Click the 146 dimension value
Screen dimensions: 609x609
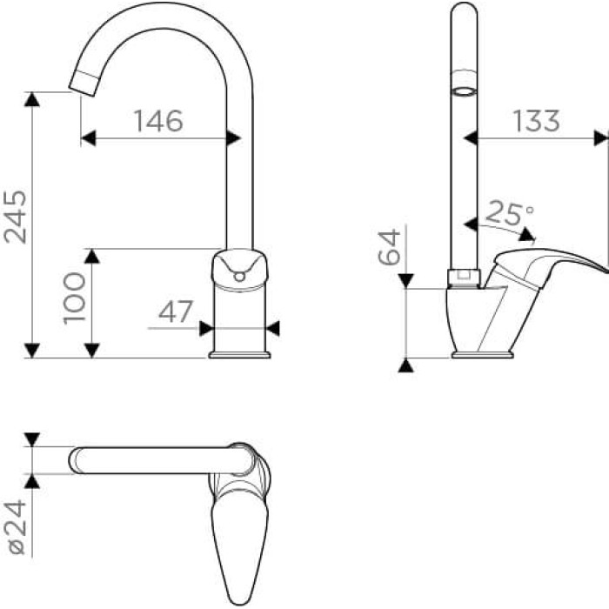click(x=158, y=121)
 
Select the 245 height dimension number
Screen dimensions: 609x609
click(x=16, y=217)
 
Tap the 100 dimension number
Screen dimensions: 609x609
click(x=74, y=298)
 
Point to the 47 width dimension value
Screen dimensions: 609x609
click(x=176, y=311)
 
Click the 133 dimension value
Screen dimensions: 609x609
click(x=537, y=121)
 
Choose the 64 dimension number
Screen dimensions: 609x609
click(x=389, y=247)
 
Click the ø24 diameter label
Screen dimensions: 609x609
click(x=17, y=527)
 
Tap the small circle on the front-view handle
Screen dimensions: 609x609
click(x=239, y=277)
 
